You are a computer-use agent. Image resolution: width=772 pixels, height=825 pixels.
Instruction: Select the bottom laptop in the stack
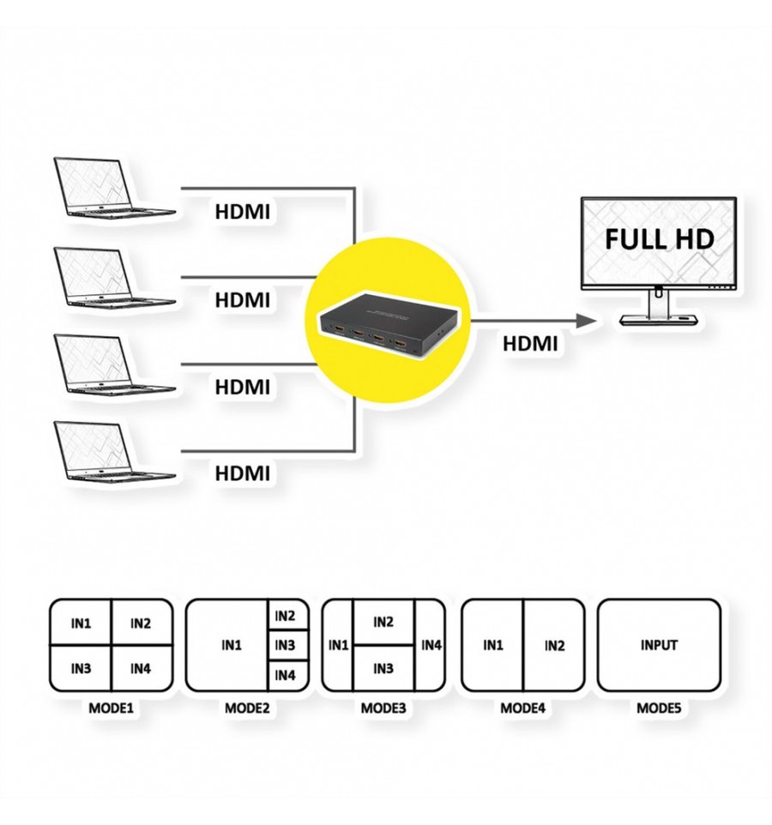pyautogui.click(x=113, y=450)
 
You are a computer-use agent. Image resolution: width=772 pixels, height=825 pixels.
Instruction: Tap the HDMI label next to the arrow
pyautogui.click(x=530, y=344)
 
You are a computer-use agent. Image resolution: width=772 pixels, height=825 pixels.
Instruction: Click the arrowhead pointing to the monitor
pyautogui.click(x=586, y=321)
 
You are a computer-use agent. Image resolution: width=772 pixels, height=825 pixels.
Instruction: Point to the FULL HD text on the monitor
pyautogui.click(x=660, y=239)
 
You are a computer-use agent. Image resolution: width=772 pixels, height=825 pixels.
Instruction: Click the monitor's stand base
pyautogui.click(x=660, y=320)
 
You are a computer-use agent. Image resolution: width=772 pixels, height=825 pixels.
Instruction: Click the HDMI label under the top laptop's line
pyautogui.click(x=242, y=212)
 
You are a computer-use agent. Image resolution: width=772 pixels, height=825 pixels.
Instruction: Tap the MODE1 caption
pyautogui.click(x=111, y=708)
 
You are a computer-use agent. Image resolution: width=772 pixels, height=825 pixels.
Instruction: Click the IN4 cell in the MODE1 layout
pyautogui.click(x=141, y=669)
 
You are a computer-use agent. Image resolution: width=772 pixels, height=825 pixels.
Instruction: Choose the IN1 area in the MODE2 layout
pyautogui.click(x=231, y=645)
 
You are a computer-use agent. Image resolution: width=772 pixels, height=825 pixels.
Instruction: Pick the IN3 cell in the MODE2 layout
pyautogui.click(x=285, y=645)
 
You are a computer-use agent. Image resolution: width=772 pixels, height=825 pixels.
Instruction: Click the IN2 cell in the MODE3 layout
pyautogui.click(x=383, y=622)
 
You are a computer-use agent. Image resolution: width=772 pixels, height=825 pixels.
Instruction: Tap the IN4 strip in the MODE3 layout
pyautogui.click(x=431, y=645)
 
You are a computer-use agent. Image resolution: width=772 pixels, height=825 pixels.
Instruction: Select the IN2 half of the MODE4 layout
pyautogui.click(x=554, y=645)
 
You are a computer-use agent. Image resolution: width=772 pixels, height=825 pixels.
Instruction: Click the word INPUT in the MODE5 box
pyautogui.click(x=659, y=645)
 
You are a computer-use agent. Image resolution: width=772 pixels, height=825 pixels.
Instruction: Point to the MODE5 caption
pyautogui.click(x=659, y=708)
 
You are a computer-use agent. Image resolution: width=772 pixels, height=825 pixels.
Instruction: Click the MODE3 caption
pyautogui.click(x=383, y=708)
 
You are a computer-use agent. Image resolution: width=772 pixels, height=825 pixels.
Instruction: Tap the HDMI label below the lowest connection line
pyautogui.click(x=242, y=473)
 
